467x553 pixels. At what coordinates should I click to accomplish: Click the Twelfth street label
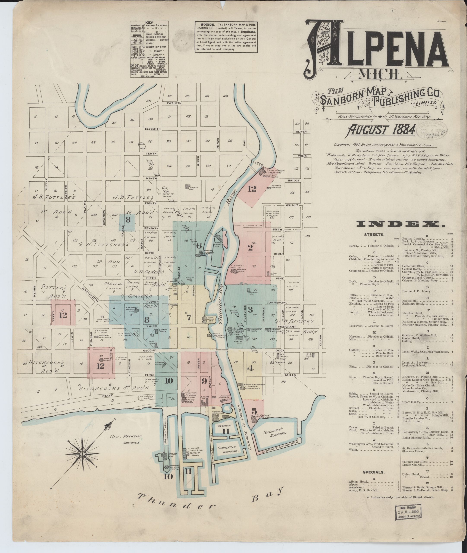click(174, 103)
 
